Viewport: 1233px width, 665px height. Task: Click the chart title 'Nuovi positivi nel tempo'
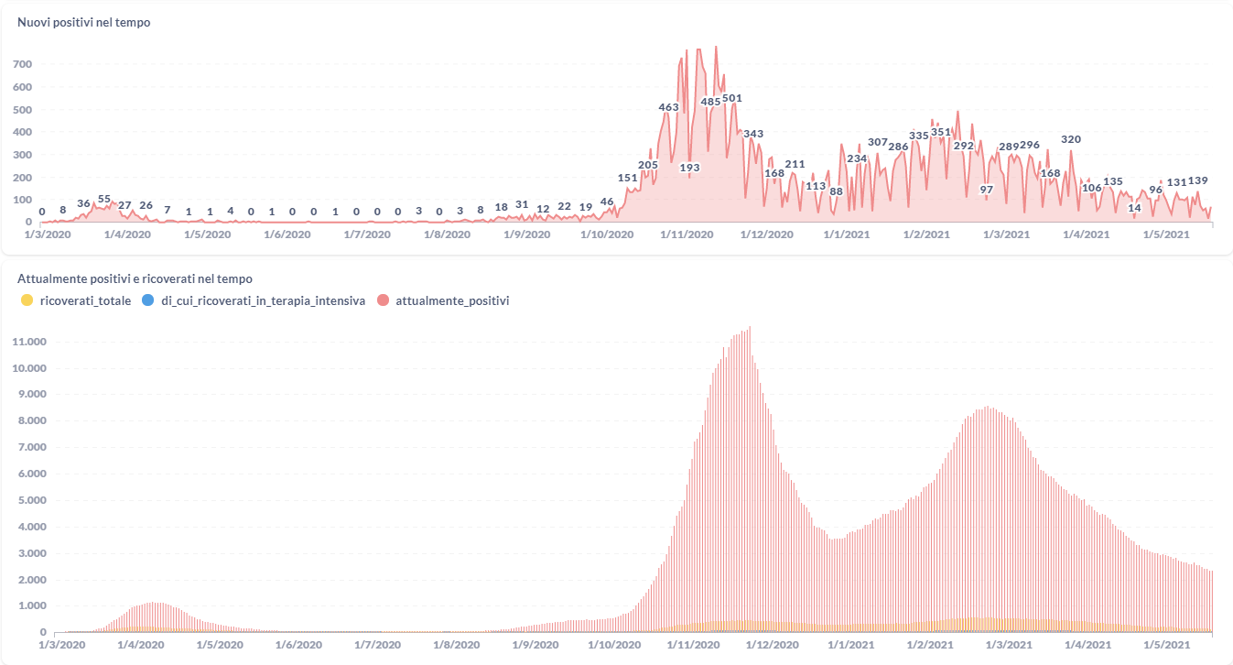[83, 22]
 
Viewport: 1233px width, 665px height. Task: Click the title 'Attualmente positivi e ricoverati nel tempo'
[135, 278]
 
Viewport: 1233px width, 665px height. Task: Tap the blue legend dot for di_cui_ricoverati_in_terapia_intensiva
[148, 300]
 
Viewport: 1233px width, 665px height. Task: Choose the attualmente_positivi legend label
[452, 300]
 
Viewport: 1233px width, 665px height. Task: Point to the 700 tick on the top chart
[23, 64]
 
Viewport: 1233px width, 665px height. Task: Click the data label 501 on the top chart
[732, 98]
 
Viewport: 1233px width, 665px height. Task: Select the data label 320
[1071, 139]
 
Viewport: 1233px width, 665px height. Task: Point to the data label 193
[689, 168]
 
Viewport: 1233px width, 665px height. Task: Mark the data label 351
[941, 132]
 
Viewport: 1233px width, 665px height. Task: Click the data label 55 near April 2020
[104, 199]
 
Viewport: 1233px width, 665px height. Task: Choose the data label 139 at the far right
[1197, 180]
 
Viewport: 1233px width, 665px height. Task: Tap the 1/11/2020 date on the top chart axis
[687, 234]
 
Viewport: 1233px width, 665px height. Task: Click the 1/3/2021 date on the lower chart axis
[1005, 644]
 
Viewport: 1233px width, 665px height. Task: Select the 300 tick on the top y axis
[23, 154]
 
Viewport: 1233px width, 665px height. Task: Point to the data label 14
[1134, 208]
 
